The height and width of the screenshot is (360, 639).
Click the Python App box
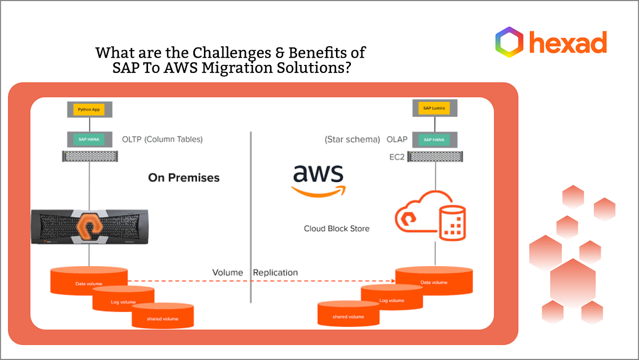click(x=88, y=110)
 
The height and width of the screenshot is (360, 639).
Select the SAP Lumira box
click(x=435, y=109)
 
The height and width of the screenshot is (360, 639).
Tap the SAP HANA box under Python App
click(x=88, y=140)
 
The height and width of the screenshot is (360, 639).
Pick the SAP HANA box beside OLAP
click(x=435, y=140)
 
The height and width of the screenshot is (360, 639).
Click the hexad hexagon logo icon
click(x=509, y=42)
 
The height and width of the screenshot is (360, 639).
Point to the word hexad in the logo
click(x=567, y=42)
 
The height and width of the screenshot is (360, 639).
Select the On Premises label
click(x=184, y=178)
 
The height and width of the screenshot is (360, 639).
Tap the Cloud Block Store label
click(x=337, y=228)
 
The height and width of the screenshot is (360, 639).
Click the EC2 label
click(x=397, y=158)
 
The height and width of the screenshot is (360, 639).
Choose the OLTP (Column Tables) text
click(x=162, y=140)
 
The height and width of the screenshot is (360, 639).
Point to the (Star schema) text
click(x=353, y=140)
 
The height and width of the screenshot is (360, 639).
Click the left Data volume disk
click(x=89, y=281)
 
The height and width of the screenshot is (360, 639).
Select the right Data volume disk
click(x=434, y=280)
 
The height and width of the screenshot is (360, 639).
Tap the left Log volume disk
click(x=123, y=300)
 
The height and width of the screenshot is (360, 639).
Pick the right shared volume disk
click(x=348, y=315)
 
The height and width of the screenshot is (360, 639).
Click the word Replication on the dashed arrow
click(x=275, y=273)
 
